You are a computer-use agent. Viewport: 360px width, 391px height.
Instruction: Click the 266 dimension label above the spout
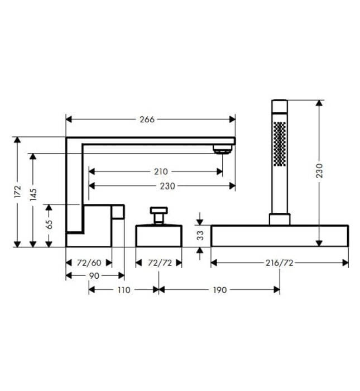(147, 119)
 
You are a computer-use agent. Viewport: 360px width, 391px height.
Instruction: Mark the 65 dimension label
(49, 225)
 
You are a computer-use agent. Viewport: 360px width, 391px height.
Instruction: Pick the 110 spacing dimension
(123, 290)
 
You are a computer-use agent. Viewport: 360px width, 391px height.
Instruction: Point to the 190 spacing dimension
(220, 290)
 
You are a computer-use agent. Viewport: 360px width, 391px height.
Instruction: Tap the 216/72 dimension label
(279, 263)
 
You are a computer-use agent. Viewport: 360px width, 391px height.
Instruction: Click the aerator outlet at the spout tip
(222, 149)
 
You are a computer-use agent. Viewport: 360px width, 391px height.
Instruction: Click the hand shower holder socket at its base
(280, 219)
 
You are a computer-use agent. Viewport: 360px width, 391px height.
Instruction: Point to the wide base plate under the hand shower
(280, 235)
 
